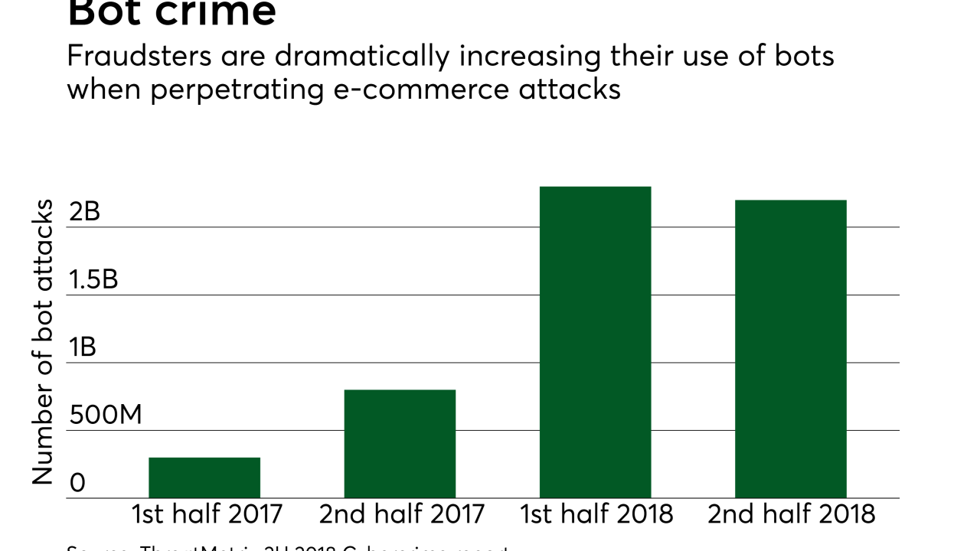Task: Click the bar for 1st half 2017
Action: (204, 478)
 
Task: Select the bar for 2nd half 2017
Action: (400, 444)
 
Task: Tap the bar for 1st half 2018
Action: (595, 342)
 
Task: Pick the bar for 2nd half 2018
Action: (790, 349)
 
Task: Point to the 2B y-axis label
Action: (84, 212)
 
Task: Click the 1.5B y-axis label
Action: (93, 280)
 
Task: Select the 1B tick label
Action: (82, 347)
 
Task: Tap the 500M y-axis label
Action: (106, 416)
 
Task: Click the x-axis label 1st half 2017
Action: (207, 514)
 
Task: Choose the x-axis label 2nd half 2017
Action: (402, 514)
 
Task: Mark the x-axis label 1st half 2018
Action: (596, 514)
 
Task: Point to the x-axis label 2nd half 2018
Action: (792, 514)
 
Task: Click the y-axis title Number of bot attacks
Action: (43, 342)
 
